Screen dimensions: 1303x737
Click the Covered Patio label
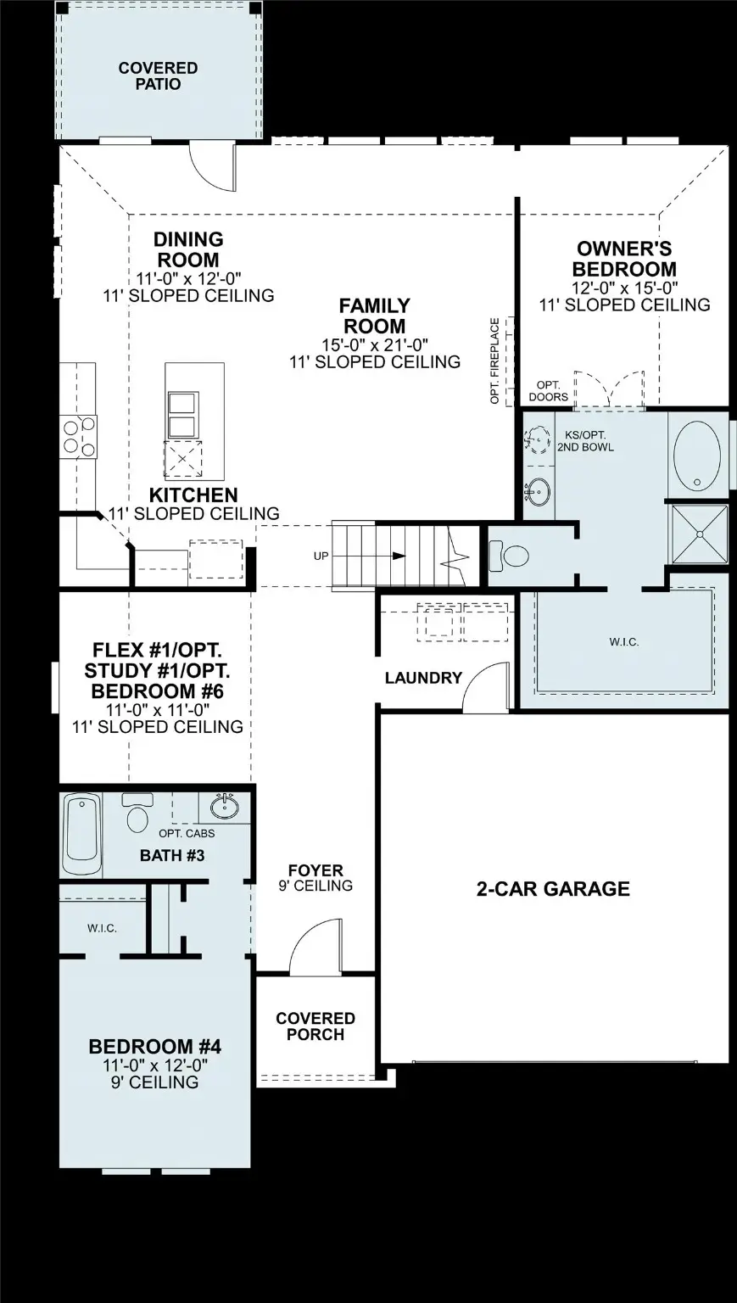point(158,76)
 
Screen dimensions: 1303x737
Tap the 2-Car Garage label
point(552,889)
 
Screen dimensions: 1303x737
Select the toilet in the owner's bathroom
point(511,556)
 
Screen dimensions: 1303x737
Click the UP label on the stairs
point(321,556)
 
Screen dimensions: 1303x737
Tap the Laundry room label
point(422,678)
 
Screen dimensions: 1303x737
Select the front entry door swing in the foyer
point(310,947)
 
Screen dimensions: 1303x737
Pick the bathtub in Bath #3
point(81,833)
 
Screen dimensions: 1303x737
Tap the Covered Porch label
point(315,1026)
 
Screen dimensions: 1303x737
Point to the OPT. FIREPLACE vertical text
point(495,361)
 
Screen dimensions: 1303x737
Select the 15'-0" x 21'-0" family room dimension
point(374,344)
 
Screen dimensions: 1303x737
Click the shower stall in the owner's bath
point(698,534)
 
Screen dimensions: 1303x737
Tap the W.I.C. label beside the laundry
point(623,642)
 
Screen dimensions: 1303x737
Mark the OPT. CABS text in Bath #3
point(187,834)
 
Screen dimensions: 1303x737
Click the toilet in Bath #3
point(137,813)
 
